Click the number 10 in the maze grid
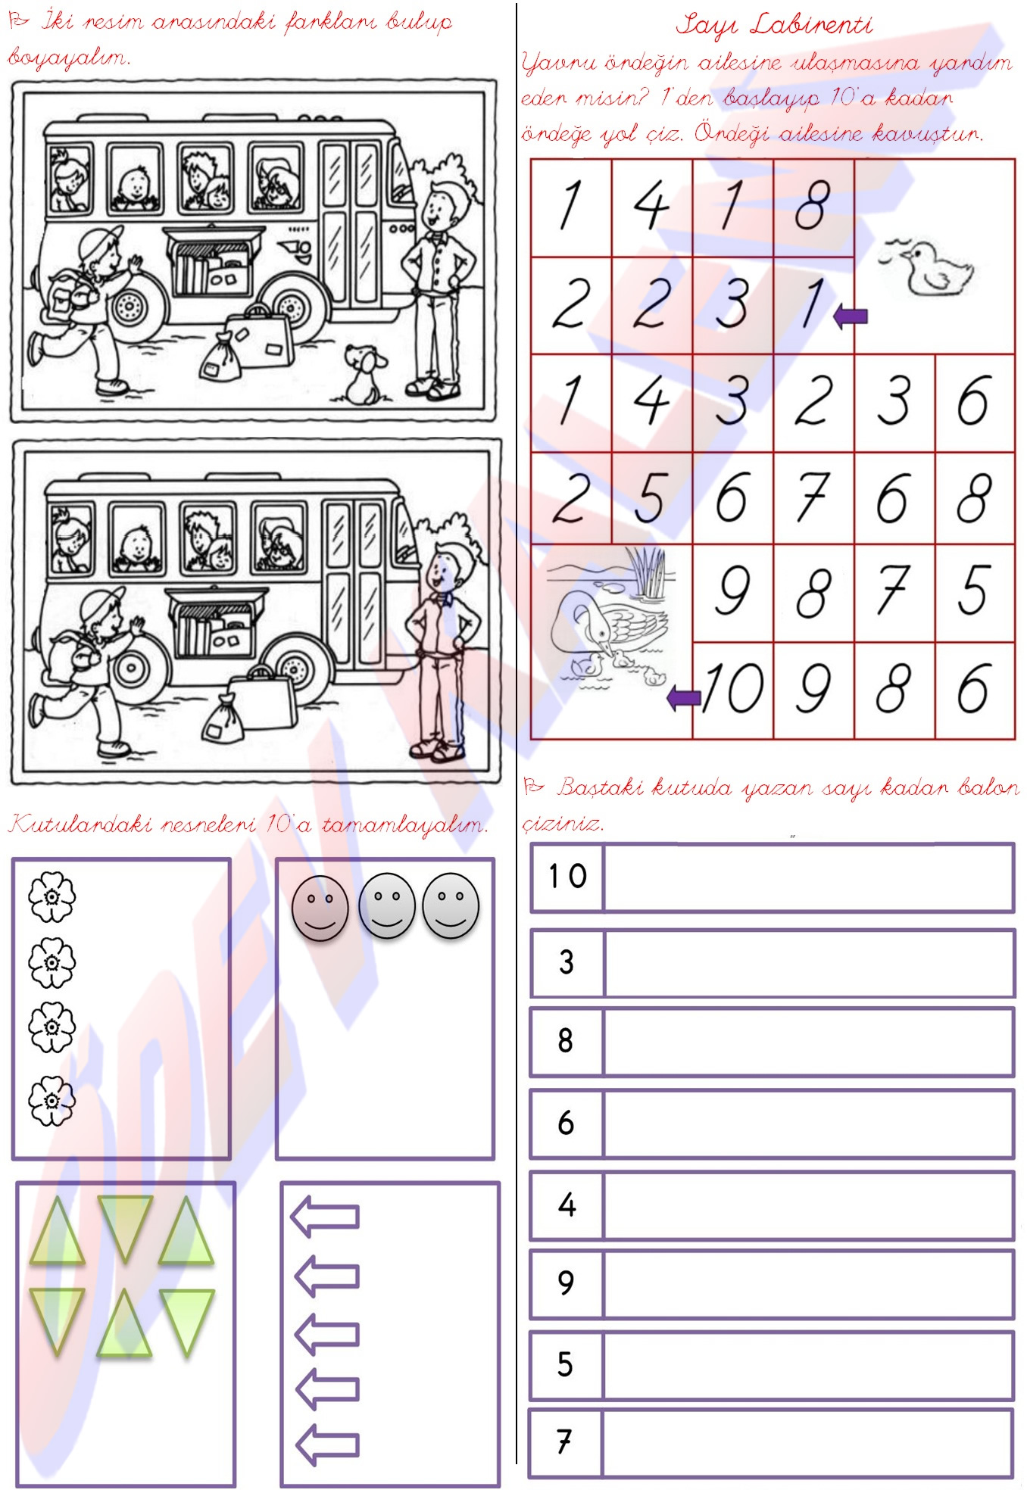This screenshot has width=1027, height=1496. (x=732, y=687)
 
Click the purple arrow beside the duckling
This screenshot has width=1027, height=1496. (x=850, y=316)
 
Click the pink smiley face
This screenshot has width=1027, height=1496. (x=320, y=908)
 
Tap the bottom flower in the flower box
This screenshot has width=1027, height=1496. (x=52, y=1101)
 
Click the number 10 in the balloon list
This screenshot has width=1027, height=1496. (x=568, y=876)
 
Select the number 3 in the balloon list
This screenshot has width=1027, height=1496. (x=567, y=961)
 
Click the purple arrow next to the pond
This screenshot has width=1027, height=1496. (x=684, y=698)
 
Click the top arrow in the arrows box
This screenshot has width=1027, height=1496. (x=325, y=1217)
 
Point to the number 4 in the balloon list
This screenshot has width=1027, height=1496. (x=567, y=1204)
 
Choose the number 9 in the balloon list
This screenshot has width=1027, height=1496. (x=566, y=1282)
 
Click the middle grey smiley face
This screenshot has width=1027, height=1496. (x=387, y=906)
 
